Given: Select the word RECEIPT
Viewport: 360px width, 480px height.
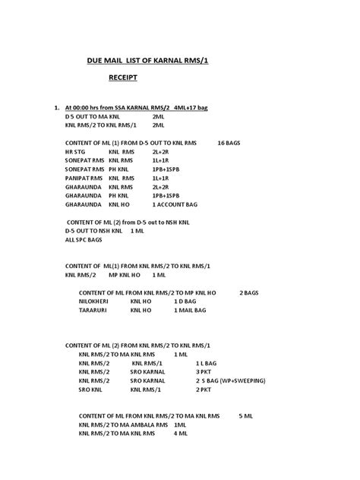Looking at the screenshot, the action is coord(121,77).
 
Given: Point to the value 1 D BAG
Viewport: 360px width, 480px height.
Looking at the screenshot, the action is coord(167,302).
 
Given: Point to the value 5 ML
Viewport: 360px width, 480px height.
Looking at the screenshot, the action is coord(246,416).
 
